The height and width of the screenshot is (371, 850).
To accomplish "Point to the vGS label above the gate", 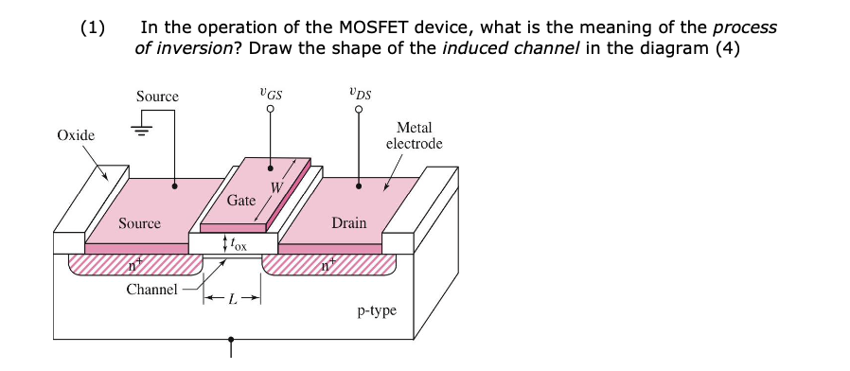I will [x=270, y=94].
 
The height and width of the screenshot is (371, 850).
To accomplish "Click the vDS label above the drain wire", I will [x=359, y=94].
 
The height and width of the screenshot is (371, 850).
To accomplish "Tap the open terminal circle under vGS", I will [x=271, y=110].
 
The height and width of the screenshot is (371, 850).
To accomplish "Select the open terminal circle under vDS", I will [x=359, y=110].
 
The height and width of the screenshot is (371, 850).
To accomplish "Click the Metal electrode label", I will [x=414, y=135].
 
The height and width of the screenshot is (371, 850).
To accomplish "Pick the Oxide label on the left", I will [x=76, y=135].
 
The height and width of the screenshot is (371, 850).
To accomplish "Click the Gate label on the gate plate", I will [x=241, y=201].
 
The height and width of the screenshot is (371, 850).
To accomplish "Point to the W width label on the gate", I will [x=275, y=186].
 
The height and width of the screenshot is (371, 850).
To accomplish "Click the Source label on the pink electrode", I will [x=139, y=223].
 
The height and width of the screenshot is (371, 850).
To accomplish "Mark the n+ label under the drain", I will [x=327, y=267].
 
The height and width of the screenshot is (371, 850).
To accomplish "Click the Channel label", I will [x=151, y=289].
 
